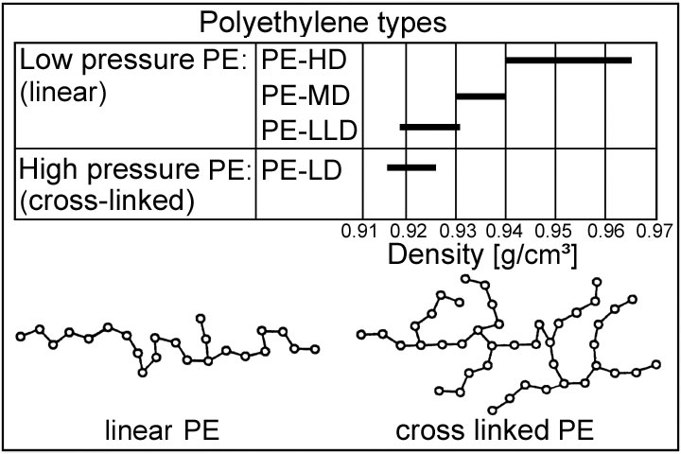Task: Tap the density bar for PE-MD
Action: coord(481,96)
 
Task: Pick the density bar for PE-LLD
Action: coord(429,126)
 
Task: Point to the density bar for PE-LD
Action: coord(411,167)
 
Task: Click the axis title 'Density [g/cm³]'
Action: coord(484,255)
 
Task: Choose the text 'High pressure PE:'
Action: coord(133,172)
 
